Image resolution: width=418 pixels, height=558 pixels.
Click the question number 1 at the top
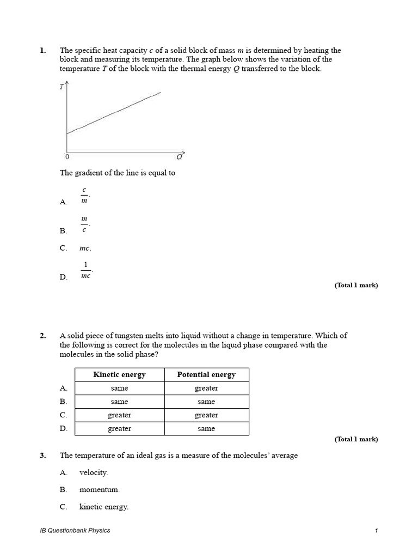coord(43,51)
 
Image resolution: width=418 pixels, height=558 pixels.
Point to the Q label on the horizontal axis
coord(180,157)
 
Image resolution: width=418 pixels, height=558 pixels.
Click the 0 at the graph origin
coord(67,157)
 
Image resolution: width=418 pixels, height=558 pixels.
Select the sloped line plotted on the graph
coord(114,113)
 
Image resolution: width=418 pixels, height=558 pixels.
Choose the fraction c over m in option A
coord(84,195)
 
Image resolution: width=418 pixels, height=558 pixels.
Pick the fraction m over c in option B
coord(84,224)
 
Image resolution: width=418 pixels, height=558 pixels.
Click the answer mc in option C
coord(85,248)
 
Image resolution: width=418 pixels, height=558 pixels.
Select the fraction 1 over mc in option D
coord(85,270)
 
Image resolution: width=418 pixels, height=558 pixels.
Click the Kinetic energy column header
coord(119,374)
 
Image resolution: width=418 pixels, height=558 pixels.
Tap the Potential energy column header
coord(206,374)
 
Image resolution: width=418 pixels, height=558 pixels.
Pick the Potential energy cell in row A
coord(206,388)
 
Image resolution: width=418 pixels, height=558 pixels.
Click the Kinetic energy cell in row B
coord(119,402)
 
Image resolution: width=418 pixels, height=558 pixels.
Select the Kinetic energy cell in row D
coord(119,428)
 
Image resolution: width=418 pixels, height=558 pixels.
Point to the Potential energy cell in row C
coord(206,415)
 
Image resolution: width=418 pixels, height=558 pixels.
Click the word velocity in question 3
coord(93,472)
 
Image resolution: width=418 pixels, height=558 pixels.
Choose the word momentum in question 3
coord(99,489)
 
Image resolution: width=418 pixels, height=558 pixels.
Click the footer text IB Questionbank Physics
coord(71,530)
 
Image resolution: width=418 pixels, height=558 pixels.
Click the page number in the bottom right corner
coord(376,530)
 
